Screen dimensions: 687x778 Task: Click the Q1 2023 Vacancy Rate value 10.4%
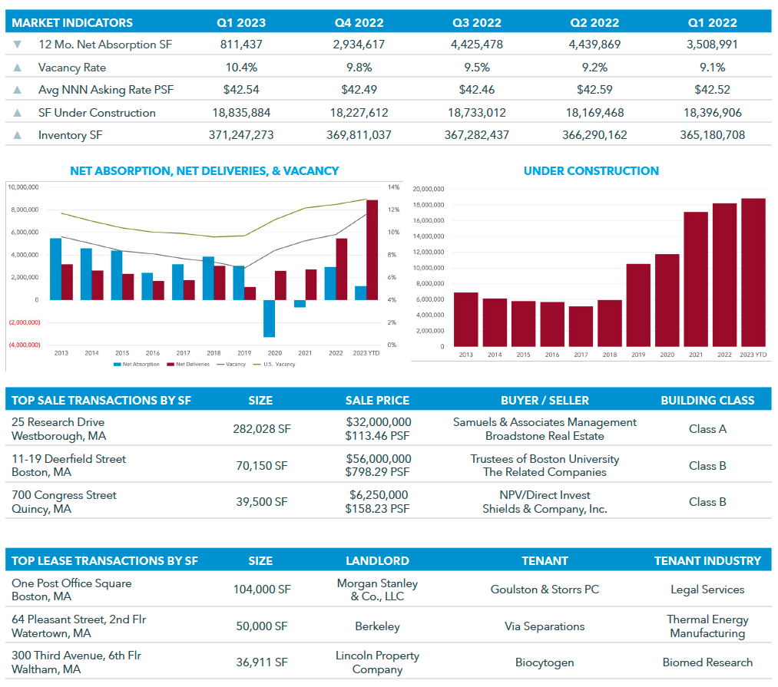coord(241,68)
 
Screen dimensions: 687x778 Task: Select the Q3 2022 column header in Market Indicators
coord(477,23)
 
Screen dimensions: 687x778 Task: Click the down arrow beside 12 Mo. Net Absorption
coord(18,45)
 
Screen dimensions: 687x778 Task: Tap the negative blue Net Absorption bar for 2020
coord(269,318)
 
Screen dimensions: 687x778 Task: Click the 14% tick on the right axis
coord(392,187)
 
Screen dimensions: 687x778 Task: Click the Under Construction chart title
coord(591,171)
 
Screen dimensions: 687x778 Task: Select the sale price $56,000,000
coord(379,459)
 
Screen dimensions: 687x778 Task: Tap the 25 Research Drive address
coord(58,422)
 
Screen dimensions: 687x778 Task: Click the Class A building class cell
coord(707,429)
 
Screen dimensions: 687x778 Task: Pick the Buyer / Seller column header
coord(545,400)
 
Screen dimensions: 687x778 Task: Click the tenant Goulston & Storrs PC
coord(545,590)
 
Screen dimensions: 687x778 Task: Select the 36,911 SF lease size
coord(261,662)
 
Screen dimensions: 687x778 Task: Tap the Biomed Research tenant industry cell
coord(707,662)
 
